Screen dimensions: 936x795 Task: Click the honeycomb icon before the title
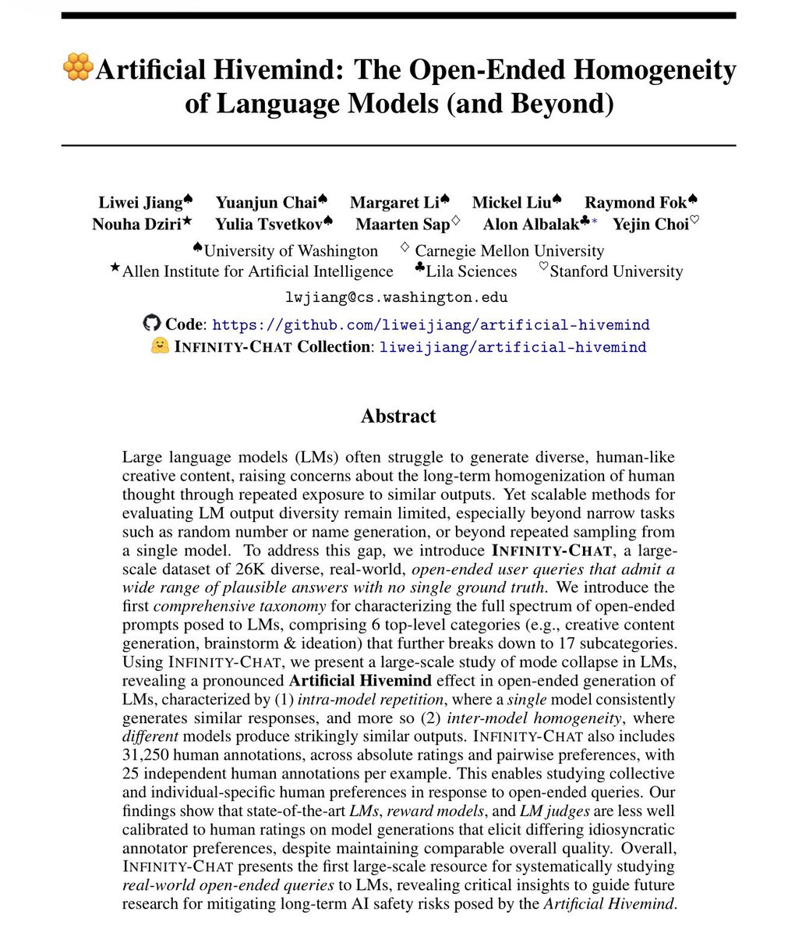coord(77,69)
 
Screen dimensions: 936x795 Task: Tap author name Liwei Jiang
coord(140,203)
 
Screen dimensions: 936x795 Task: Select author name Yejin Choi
coord(650,225)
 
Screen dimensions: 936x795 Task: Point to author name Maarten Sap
coord(402,225)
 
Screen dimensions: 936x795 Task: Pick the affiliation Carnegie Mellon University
coord(509,250)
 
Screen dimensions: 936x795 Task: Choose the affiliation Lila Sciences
coord(471,271)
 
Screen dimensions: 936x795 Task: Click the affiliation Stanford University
coord(616,271)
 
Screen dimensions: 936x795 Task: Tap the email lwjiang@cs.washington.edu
coord(397,297)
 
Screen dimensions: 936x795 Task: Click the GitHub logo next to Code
coord(152,324)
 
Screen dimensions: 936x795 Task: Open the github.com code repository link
coord(430,324)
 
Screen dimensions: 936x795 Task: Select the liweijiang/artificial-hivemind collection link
coord(512,347)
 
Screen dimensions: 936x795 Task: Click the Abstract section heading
coord(397,416)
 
